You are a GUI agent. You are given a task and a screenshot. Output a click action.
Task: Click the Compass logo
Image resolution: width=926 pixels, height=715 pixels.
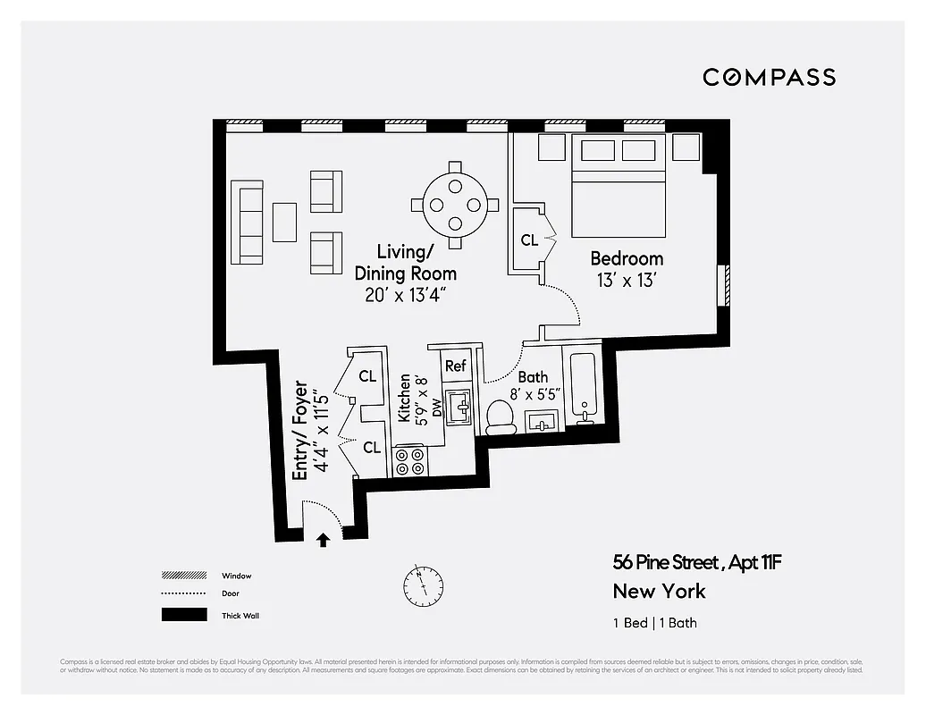click(769, 77)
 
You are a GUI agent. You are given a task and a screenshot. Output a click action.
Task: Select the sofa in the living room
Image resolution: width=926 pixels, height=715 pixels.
click(247, 222)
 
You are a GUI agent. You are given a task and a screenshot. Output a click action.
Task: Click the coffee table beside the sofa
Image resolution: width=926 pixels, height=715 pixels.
click(284, 222)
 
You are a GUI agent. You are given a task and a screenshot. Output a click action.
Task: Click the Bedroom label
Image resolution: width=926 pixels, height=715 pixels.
click(627, 259)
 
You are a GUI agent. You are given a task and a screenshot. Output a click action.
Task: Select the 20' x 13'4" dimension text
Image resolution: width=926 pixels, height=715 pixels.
click(405, 295)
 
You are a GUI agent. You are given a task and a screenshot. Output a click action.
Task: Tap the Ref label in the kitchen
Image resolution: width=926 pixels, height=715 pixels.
click(456, 366)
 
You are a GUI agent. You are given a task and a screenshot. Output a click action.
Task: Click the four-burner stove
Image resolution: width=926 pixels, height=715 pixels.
click(410, 461)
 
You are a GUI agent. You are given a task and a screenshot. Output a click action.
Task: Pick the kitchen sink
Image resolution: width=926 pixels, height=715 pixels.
click(460, 409)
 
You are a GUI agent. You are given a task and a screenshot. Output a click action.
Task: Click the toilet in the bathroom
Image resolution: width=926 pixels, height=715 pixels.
click(501, 416)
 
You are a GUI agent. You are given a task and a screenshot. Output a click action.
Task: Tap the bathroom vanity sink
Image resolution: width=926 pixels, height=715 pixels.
click(543, 422)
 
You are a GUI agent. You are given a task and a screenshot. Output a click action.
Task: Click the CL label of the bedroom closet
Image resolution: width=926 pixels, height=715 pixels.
click(529, 240)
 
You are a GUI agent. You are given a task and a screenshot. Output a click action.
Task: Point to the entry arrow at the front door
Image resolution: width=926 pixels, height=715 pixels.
click(323, 540)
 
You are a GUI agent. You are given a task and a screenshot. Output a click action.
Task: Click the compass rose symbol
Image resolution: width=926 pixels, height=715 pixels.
click(423, 585)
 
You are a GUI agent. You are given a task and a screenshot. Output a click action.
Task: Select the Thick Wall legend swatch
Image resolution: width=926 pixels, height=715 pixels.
click(184, 615)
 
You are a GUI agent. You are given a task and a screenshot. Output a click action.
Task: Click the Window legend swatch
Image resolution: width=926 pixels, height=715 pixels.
click(184, 576)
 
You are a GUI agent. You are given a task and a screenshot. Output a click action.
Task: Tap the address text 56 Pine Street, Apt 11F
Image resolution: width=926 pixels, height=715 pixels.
click(697, 563)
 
